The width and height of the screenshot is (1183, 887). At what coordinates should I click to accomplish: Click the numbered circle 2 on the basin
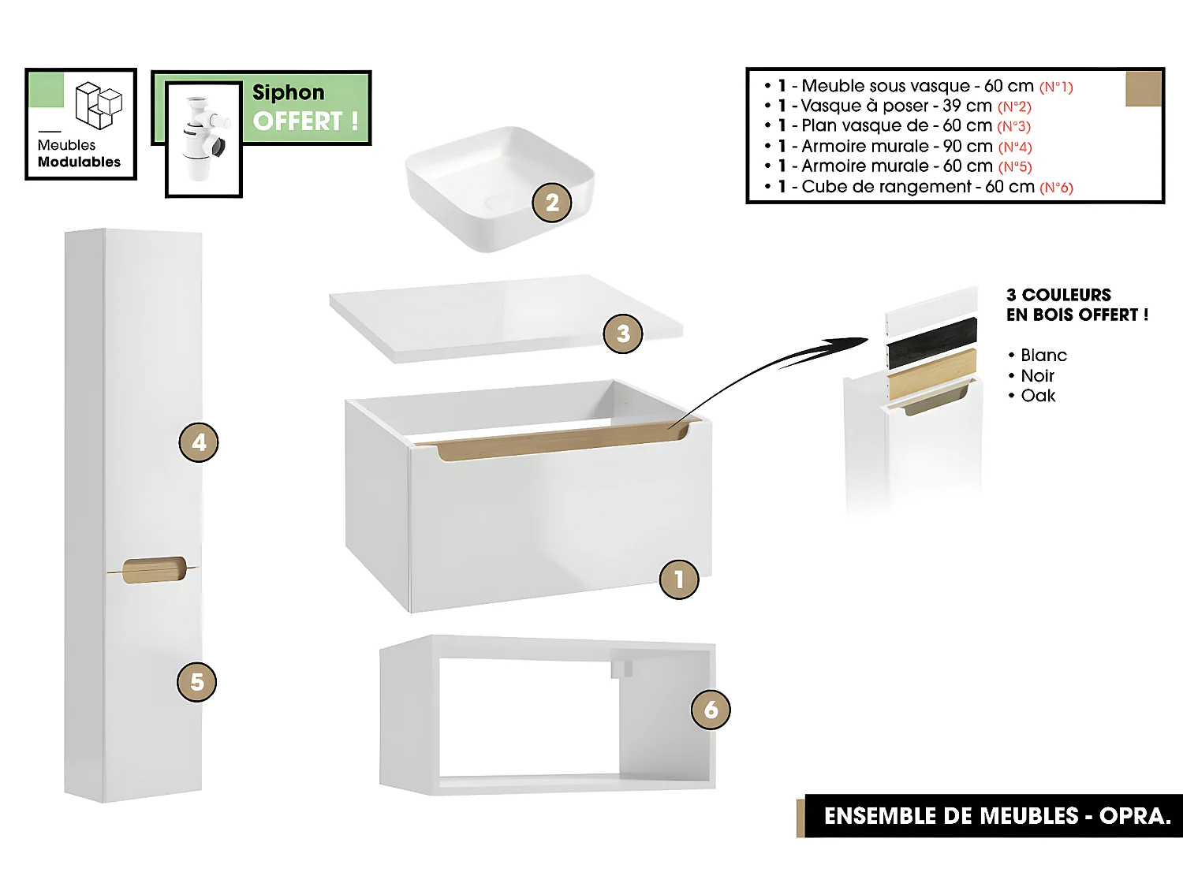point(552,203)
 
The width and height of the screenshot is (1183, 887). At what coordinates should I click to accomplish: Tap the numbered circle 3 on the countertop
point(623,334)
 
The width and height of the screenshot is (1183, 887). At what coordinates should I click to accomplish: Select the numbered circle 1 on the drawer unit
point(679,580)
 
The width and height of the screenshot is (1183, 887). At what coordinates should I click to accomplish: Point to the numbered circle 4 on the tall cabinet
point(199,442)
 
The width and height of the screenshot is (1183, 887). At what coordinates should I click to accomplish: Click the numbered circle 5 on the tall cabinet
point(197,682)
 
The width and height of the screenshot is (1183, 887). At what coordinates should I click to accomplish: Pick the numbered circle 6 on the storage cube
point(711,710)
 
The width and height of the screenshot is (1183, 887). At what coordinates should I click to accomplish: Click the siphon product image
point(203,140)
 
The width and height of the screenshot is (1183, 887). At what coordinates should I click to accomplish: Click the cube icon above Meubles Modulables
point(99,106)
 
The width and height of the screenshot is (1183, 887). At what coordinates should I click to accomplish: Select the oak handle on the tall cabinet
point(155,570)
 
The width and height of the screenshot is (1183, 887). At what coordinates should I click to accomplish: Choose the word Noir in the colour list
point(1037,376)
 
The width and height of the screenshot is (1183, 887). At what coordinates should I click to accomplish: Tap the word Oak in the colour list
point(1038,396)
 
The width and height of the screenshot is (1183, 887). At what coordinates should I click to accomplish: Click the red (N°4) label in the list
point(1015,147)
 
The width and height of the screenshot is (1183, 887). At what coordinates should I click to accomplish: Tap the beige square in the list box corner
point(1143,88)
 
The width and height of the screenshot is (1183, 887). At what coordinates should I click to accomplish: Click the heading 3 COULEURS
point(1058,295)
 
